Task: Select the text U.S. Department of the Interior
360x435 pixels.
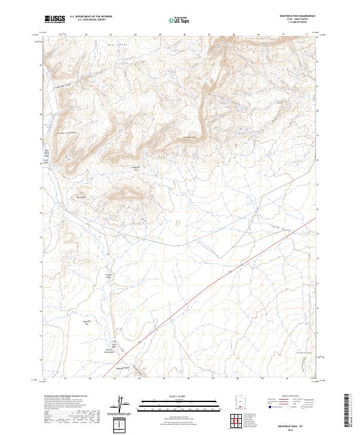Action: coord(91,17)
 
